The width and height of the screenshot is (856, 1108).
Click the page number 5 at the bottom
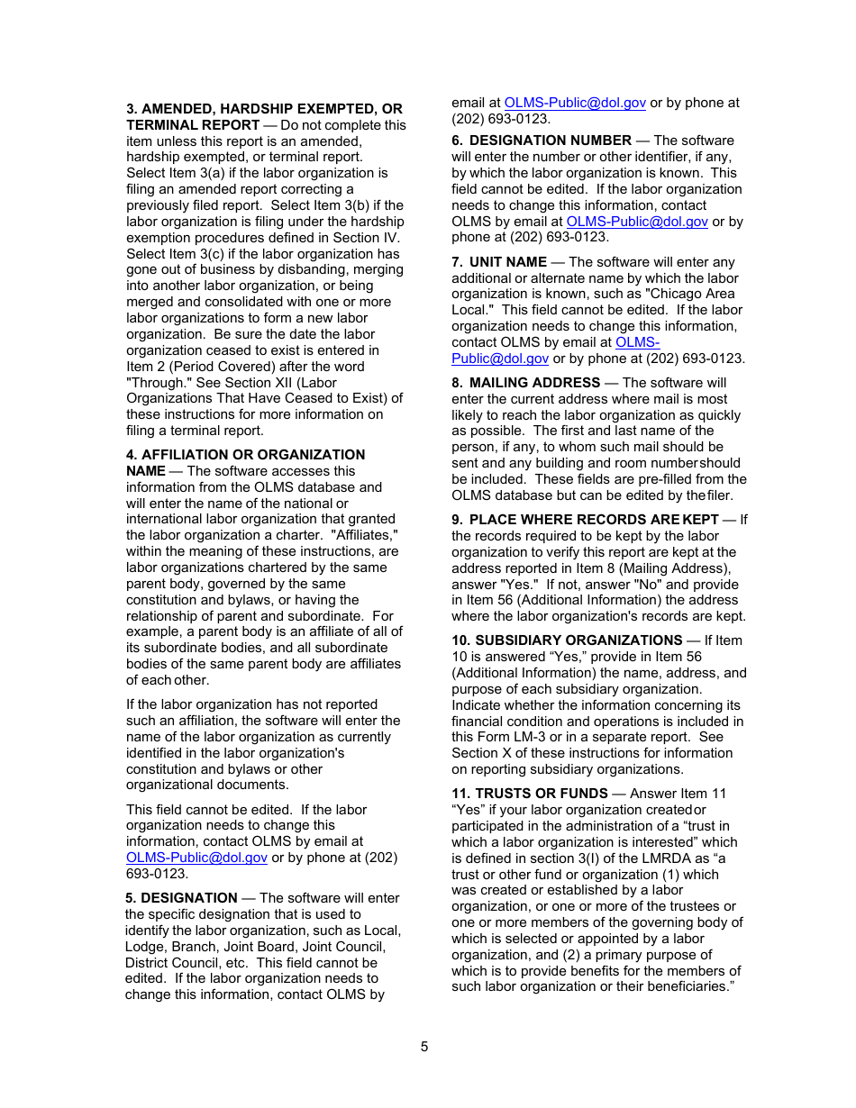coord(424,1047)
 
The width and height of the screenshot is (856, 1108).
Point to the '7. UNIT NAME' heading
coord(507,262)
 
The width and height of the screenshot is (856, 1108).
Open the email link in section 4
coord(196,858)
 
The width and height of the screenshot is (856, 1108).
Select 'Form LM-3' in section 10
coord(512,738)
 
